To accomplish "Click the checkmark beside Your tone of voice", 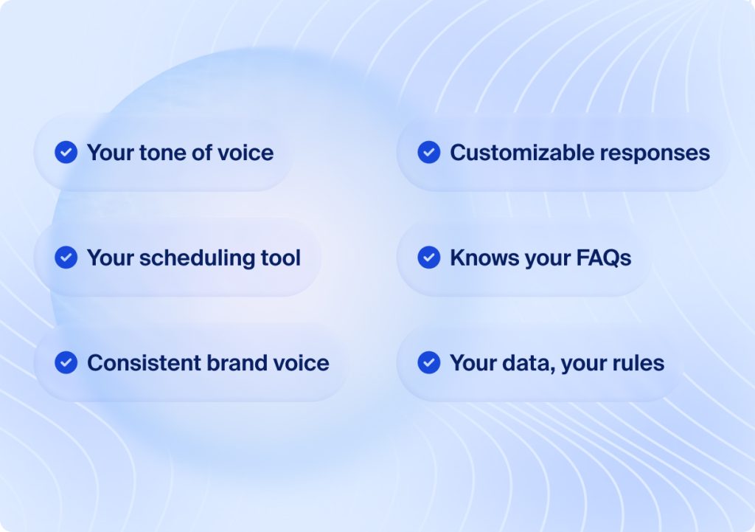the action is [x=66, y=152].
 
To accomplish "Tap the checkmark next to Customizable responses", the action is [x=429, y=152].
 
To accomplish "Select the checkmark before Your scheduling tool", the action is [x=66, y=258].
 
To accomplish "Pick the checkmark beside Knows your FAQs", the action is [x=429, y=258].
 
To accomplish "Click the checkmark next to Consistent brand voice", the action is [x=66, y=362].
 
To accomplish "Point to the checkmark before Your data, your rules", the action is [x=429, y=362].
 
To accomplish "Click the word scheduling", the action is [x=197, y=258].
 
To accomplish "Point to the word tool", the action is [x=281, y=258].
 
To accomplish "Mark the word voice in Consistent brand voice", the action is [x=302, y=363].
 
